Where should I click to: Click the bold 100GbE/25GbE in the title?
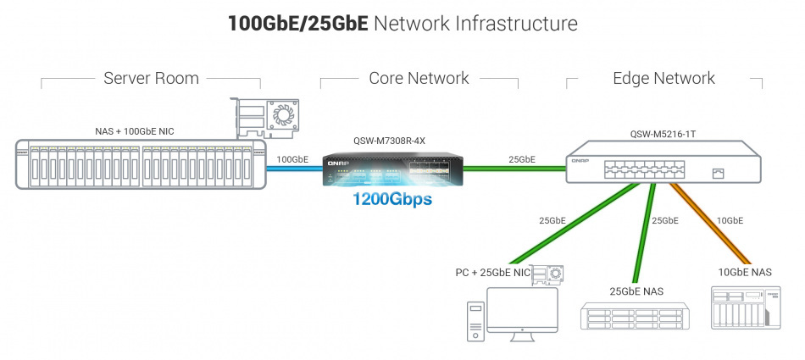coord(297,23)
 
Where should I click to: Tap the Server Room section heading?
coord(151,79)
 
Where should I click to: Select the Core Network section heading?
coord(419,79)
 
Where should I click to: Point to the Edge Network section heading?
coord(663,79)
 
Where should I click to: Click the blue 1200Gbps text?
coord(392,201)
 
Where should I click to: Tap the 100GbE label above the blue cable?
coord(293,158)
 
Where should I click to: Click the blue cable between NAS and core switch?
coord(293,169)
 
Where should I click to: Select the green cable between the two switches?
coord(514,169)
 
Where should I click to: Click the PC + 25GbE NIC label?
coord(492,272)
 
